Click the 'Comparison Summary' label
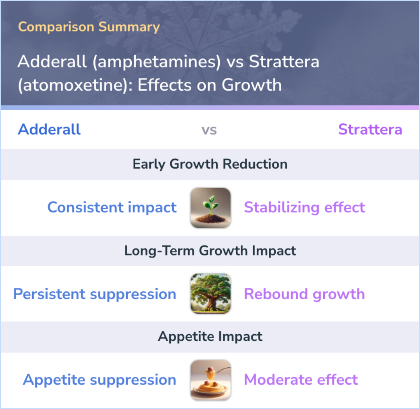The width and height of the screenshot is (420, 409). coord(89,27)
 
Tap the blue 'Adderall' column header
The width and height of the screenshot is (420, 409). coord(49,129)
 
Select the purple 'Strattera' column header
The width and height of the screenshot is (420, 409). coord(370,129)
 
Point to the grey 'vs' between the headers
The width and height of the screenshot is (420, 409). coord(209,130)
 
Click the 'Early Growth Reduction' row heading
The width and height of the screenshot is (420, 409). coord(210,164)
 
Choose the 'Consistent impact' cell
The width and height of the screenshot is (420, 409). coord(112,207)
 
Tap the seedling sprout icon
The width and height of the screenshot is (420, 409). coord(210,208)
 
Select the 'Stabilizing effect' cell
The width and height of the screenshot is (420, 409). coord(304,207)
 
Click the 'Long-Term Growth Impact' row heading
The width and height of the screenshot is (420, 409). coord(210,250)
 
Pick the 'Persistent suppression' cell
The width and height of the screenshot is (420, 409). coord(94,294)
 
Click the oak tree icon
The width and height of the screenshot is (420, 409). coord(210,294)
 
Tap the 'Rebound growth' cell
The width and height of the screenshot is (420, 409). coord(304,294)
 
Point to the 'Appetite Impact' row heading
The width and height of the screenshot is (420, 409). coord(210,337)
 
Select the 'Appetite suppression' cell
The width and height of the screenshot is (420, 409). coord(100,380)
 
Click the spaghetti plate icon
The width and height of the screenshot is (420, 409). coord(210,380)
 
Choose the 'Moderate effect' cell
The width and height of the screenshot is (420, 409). coord(301,380)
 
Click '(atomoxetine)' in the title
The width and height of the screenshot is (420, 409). coord(73,85)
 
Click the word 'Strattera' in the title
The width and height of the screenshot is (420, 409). coord(284,62)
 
